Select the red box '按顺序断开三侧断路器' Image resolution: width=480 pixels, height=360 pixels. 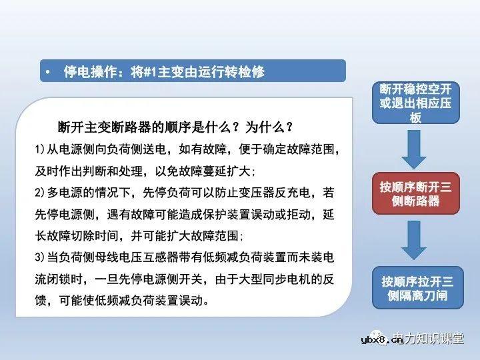(x=415, y=193)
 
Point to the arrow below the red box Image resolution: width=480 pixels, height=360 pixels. (x=415, y=239)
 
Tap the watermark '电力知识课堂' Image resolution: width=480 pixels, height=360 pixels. (x=434, y=340)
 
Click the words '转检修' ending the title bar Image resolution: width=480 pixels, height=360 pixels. (x=247, y=71)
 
